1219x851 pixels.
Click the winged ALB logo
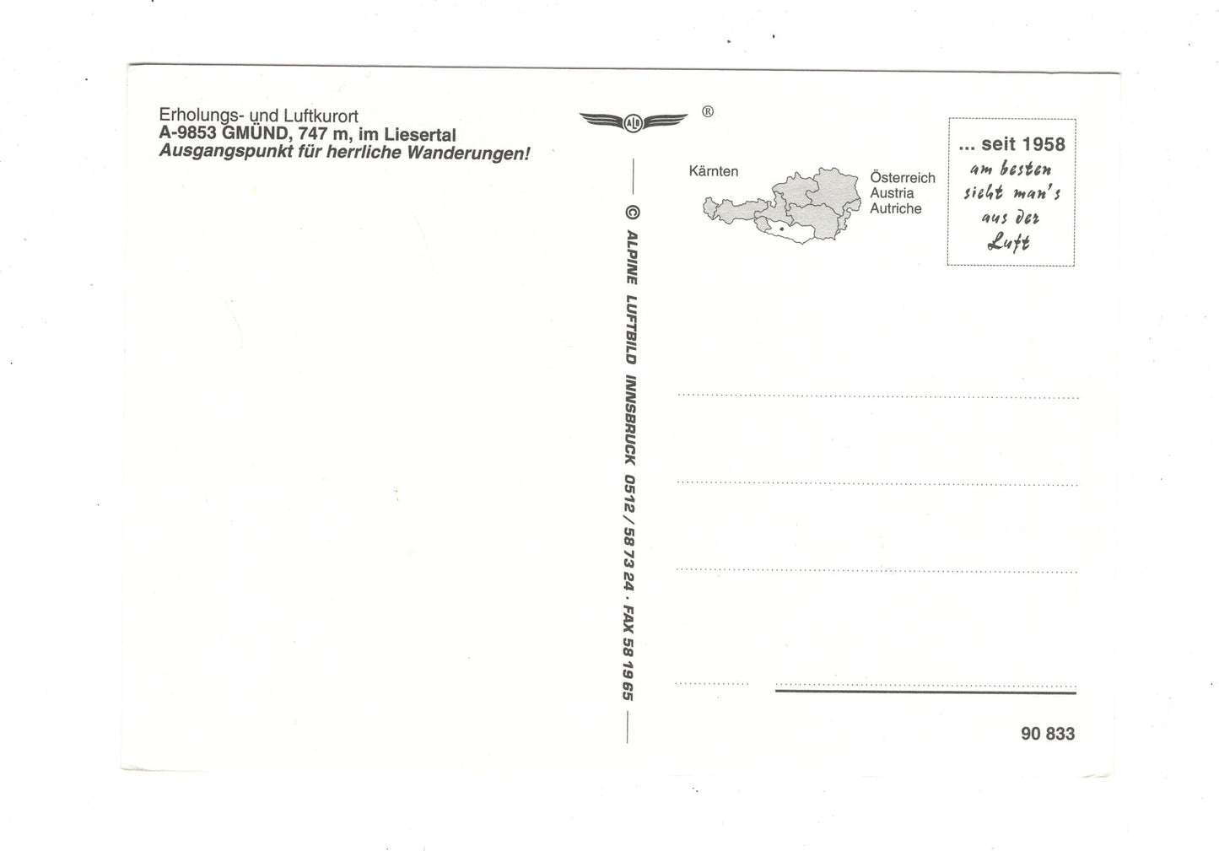(634, 121)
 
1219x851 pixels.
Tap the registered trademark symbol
(708, 111)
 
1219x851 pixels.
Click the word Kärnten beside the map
(714, 171)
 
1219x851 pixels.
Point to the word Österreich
(903, 177)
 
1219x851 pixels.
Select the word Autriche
(895, 208)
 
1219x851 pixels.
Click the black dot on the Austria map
(782, 229)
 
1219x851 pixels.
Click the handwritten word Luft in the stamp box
(1008, 241)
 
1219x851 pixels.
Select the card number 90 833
(1048, 734)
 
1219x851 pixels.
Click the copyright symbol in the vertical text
(633, 213)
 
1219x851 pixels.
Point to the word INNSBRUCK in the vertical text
(630, 419)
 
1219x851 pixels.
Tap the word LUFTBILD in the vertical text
(631, 329)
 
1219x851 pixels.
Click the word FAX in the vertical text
(628, 618)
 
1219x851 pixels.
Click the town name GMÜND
(256, 132)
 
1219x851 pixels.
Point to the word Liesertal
(420, 134)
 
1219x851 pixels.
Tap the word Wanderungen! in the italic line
(468, 153)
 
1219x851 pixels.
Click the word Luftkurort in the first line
(321, 116)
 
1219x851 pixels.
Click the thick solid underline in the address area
(925, 692)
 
